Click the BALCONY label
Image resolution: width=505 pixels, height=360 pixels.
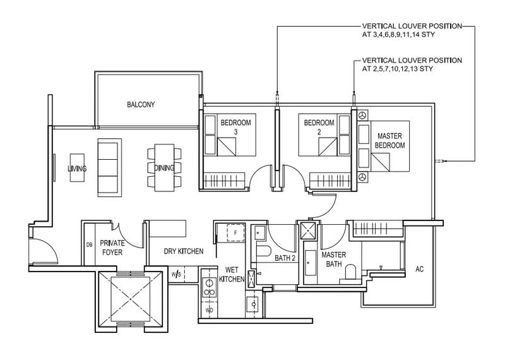[141, 104]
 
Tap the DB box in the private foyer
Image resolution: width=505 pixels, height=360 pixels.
[89, 244]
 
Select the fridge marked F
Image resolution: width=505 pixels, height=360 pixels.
[235, 232]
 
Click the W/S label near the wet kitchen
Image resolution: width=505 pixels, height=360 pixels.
[176, 275]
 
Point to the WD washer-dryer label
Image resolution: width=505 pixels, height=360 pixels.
[210, 311]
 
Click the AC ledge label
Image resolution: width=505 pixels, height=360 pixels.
[419, 269]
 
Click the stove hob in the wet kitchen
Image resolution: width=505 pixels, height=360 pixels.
[210, 288]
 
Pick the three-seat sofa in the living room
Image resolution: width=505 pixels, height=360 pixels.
[109, 167]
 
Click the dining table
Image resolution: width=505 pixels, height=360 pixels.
[164, 167]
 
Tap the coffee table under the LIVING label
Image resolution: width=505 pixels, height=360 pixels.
[77, 167]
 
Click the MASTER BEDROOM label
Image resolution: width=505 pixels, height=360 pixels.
[389, 140]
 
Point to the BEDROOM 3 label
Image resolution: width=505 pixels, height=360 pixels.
[235, 127]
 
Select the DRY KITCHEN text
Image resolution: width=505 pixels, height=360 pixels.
[184, 251]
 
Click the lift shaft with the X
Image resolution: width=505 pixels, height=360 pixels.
[131, 299]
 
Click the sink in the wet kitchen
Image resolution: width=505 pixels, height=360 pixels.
[254, 304]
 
